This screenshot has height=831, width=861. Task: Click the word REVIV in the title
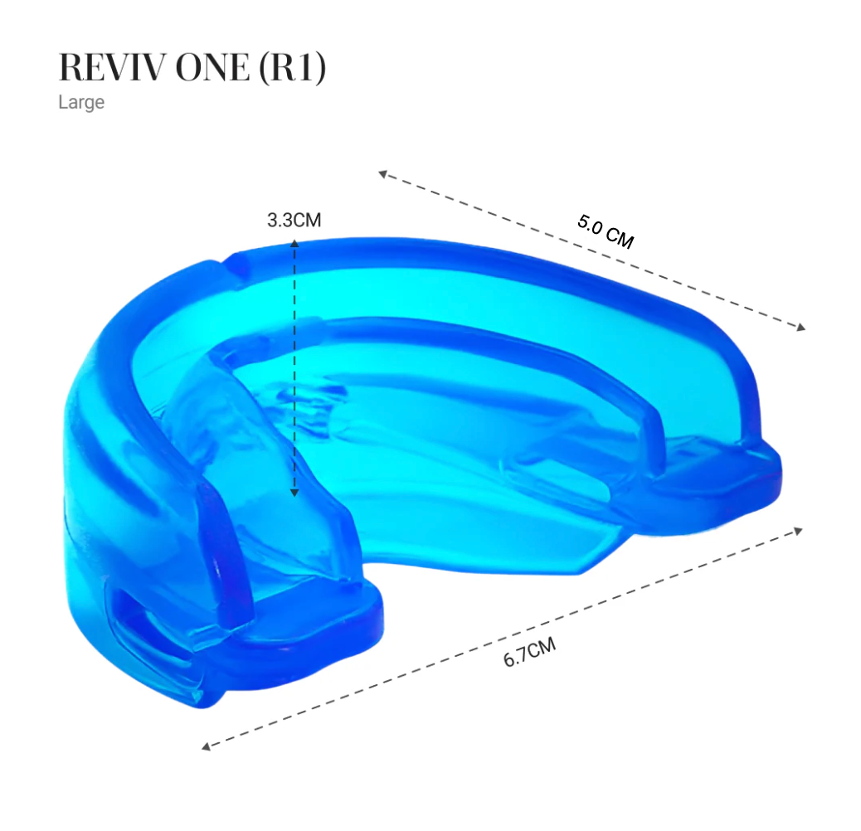click(x=113, y=67)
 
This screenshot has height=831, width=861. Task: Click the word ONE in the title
click(x=212, y=67)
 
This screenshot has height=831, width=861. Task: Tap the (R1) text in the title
click(x=293, y=68)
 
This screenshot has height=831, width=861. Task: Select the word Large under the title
click(x=81, y=103)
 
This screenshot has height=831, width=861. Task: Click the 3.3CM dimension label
click(x=294, y=220)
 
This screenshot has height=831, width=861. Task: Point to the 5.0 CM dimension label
click(x=606, y=231)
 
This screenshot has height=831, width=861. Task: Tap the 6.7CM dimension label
click(x=529, y=652)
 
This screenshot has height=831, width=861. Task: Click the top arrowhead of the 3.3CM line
click(x=294, y=243)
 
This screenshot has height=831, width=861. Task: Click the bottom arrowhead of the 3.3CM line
click(x=294, y=493)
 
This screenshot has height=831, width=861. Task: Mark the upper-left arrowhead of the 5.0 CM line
click(x=383, y=174)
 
